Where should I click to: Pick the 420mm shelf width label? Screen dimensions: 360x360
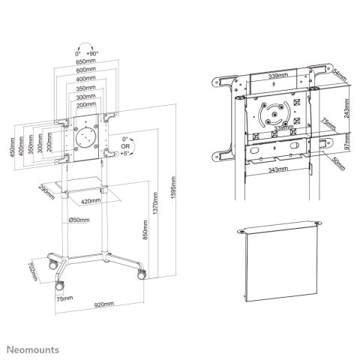(91, 202)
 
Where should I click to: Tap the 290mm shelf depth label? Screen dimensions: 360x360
(46, 190)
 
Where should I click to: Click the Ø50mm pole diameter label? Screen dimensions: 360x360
(79, 220)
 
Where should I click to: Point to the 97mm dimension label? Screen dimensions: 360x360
(346, 142)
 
